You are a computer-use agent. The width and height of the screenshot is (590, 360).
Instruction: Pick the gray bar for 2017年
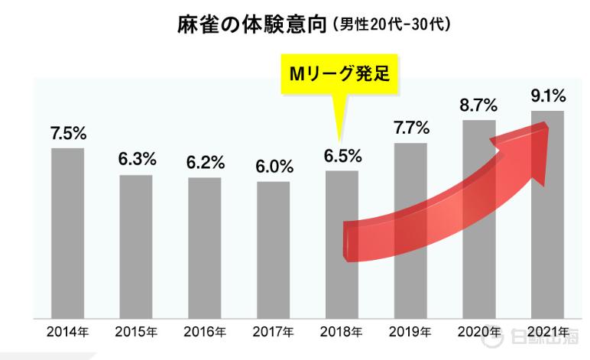(274, 249)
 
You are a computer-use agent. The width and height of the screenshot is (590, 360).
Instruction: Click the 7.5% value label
(68, 132)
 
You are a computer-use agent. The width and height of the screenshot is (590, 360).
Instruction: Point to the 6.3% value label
(137, 160)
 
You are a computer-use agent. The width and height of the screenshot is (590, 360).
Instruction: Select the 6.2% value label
(206, 162)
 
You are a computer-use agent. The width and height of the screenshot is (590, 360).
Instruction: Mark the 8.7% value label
(479, 104)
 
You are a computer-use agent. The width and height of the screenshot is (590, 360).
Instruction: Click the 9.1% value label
(547, 96)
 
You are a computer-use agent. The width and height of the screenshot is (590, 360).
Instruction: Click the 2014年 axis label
(68, 332)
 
